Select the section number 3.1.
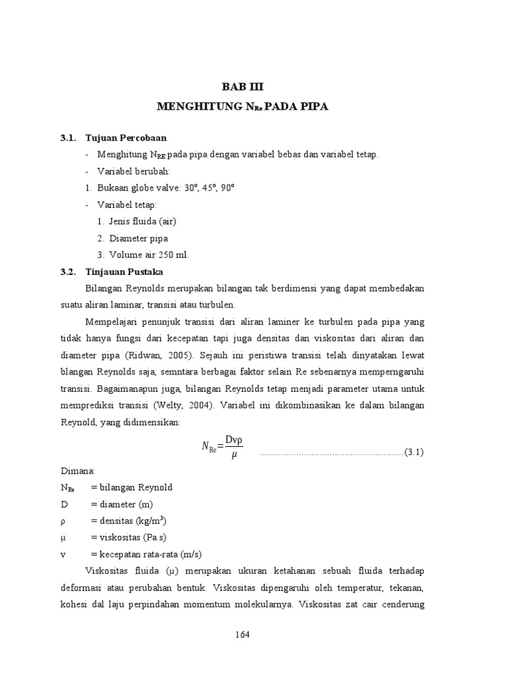pos(68,138)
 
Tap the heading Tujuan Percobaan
pos(126,138)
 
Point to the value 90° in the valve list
pos(226,188)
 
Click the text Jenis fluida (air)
pos(143,222)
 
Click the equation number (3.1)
pos(414,453)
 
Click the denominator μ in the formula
pos(234,455)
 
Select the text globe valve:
pos(150,188)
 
